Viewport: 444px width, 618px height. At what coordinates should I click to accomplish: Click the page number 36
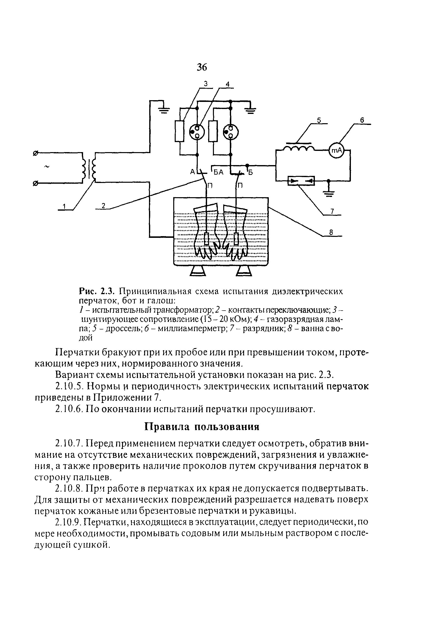(202, 67)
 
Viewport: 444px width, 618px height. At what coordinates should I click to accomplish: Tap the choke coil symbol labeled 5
(299, 148)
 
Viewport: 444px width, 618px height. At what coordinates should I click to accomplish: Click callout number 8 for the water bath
(331, 232)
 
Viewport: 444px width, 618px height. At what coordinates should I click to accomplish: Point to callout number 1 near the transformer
(64, 207)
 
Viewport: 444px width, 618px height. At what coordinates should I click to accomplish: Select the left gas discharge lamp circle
(197, 132)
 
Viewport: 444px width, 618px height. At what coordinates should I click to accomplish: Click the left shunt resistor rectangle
(179, 131)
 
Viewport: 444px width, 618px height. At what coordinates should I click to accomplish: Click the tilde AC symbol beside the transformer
(47, 167)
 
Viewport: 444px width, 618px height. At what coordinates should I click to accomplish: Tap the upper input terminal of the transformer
(35, 154)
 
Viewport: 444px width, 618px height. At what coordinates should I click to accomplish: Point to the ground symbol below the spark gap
(329, 193)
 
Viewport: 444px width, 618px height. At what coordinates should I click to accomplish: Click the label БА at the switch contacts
(219, 172)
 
